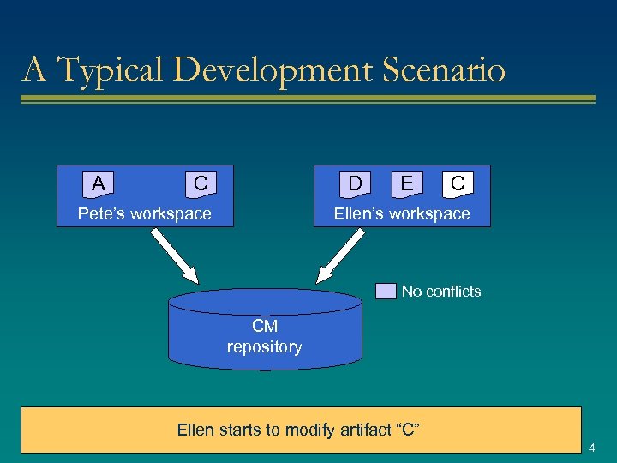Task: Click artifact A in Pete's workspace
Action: click(99, 183)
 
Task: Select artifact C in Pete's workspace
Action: click(201, 183)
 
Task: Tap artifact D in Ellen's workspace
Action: click(354, 183)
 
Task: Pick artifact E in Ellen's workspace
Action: click(406, 183)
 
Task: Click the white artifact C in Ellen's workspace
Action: click(458, 183)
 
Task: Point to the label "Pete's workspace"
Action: click(144, 213)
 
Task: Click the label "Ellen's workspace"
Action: click(402, 213)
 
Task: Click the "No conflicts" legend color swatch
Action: click(386, 292)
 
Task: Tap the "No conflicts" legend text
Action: click(441, 292)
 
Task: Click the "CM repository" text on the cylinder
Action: click(264, 337)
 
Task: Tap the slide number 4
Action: click(592, 448)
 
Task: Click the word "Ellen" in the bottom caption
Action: click(195, 430)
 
